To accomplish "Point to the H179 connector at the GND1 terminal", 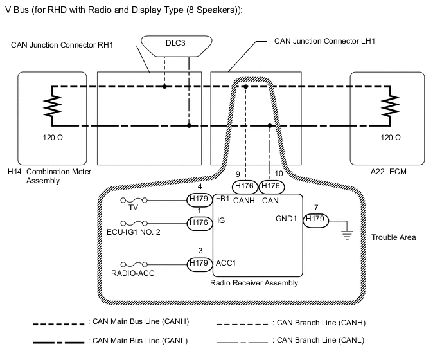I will [315, 219].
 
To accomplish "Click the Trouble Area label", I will [393, 237].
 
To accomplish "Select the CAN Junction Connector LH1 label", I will [324, 41].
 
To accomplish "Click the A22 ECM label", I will [389, 172].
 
